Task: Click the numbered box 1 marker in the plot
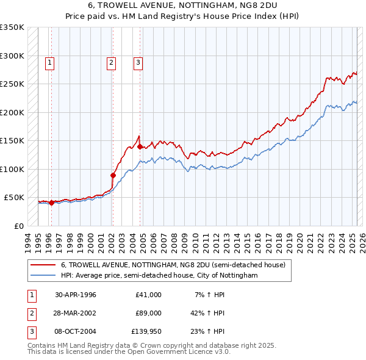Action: point(49,62)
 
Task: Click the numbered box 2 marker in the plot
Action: point(112,62)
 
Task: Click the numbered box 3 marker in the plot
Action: point(138,62)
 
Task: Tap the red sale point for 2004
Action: point(140,146)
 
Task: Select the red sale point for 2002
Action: point(113,175)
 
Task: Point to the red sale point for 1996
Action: point(51,203)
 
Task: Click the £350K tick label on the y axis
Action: point(12,27)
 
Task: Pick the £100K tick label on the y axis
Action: point(12,169)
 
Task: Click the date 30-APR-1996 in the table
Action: point(76,295)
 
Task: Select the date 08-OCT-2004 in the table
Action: point(76,333)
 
